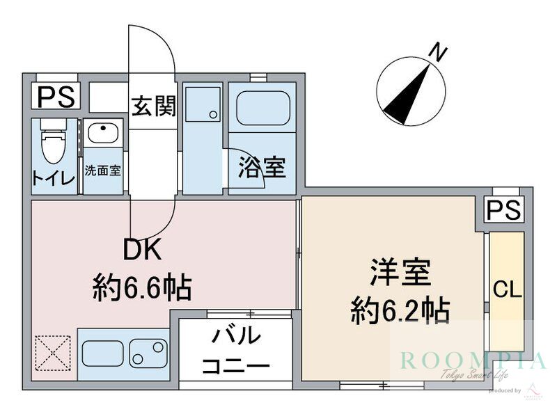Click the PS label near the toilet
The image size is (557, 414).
coord(56,97)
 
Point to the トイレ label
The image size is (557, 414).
coord(52,177)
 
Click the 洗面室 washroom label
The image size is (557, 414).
coord(102,170)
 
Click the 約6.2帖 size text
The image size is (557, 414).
coord(399,310)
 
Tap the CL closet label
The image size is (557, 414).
coord(507,290)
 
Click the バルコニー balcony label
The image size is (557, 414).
coord(235,351)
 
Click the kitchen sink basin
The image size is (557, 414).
coord(148,353)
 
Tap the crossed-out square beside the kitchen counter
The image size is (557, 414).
coord(53,353)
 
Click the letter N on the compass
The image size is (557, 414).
coord(437,52)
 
